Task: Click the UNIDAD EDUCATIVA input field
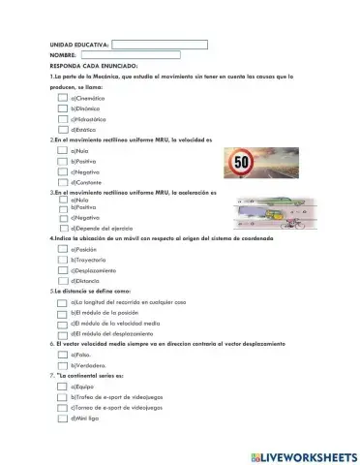(x=160, y=45)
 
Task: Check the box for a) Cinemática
(x=63, y=98)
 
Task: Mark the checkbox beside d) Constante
(x=63, y=181)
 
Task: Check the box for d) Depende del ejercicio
(x=63, y=228)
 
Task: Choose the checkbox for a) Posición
(x=63, y=249)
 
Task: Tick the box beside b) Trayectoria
(x=63, y=260)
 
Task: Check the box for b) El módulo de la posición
(x=63, y=313)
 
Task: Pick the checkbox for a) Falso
(x=63, y=355)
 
